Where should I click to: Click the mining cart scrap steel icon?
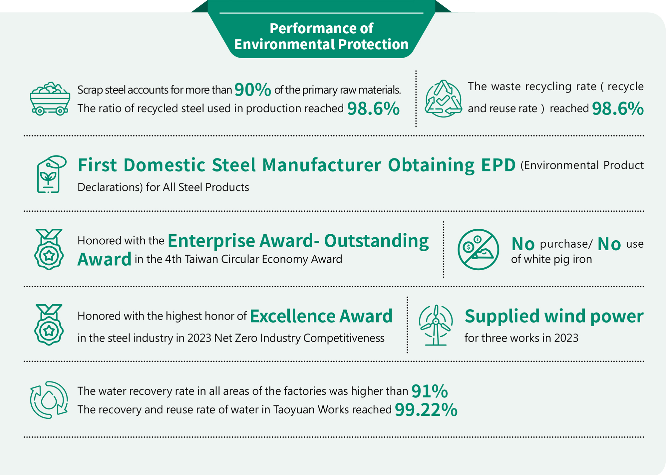coord(50,99)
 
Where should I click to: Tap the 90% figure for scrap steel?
coord(253,90)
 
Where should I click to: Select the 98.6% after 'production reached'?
coord(373,109)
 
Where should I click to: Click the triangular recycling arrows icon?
coord(443,99)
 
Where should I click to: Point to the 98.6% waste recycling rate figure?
coord(618,109)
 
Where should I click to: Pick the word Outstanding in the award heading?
coord(376,241)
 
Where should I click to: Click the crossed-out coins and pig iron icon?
coord(478,249)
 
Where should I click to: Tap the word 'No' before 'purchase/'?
coord(523,244)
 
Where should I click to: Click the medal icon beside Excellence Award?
coord(49,325)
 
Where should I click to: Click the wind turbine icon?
coord(436,325)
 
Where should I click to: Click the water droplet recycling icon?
coord(49,400)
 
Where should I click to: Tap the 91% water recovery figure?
coord(430,391)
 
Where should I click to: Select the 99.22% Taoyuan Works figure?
coord(426,410)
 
